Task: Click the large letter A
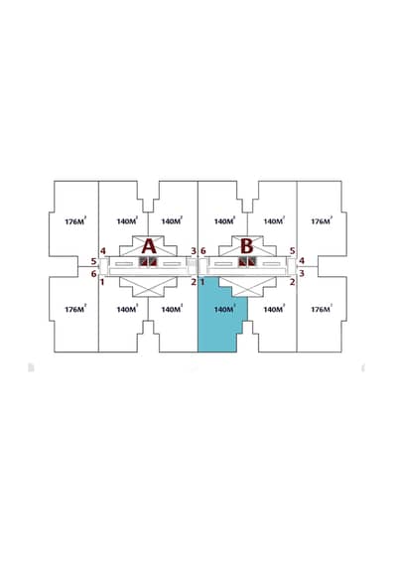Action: click(149, 246)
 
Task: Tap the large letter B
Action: click(247, 246)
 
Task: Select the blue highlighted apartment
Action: click(222, 314)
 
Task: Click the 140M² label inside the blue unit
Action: click(224, 309)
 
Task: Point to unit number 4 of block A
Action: click(103, 251)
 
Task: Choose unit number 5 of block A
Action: click(93, 261)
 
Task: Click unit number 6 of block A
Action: click(93, 274)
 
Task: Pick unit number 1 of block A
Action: click(102, 282)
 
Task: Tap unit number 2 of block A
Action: click(194, 282)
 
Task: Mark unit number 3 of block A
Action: click(194, 251)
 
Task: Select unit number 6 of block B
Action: click(203, 251)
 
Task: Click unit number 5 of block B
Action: click(292, 251)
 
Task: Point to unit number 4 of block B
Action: click(302, 261)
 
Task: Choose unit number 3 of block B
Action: click(302, 274)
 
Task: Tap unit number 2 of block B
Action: click(292, 282)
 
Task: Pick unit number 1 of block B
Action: click(202, 282)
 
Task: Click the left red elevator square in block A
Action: click(144, 261)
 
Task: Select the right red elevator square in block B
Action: click(252, 261)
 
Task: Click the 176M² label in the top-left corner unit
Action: click(75, 221)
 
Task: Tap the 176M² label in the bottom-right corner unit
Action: click(322, 309)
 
